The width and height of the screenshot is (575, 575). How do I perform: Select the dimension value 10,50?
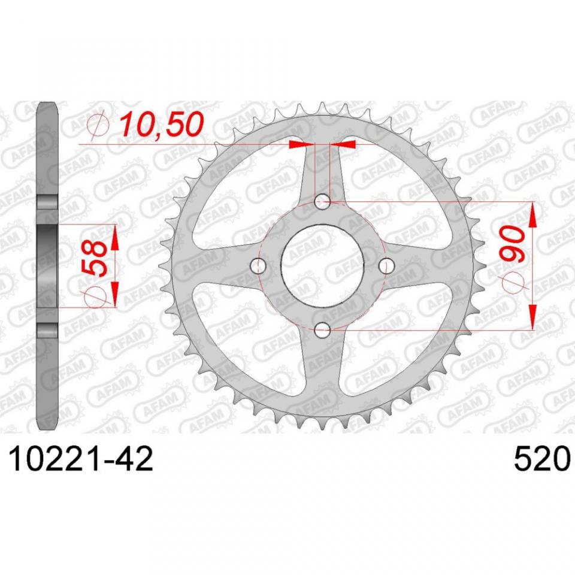pyautogui.click(x=160, y=125)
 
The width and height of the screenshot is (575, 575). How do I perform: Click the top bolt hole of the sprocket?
pyautogui.click(x=322, y=202)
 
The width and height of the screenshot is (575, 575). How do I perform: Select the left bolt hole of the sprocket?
pyautogui.click(x=259, y=265)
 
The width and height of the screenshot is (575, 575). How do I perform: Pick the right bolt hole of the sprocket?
pyautogui.click(x=386, y=265)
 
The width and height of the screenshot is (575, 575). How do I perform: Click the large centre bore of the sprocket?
pyautogui.click(x=322, y=265)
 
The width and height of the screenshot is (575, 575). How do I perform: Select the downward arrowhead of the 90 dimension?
pyautogui.click(x=532, y=318)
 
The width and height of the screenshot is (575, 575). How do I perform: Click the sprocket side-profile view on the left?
pyautogui.click(x=47, y=267)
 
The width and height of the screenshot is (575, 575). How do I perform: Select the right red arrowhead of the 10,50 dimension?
pyautogui.click(x=347, y=144)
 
